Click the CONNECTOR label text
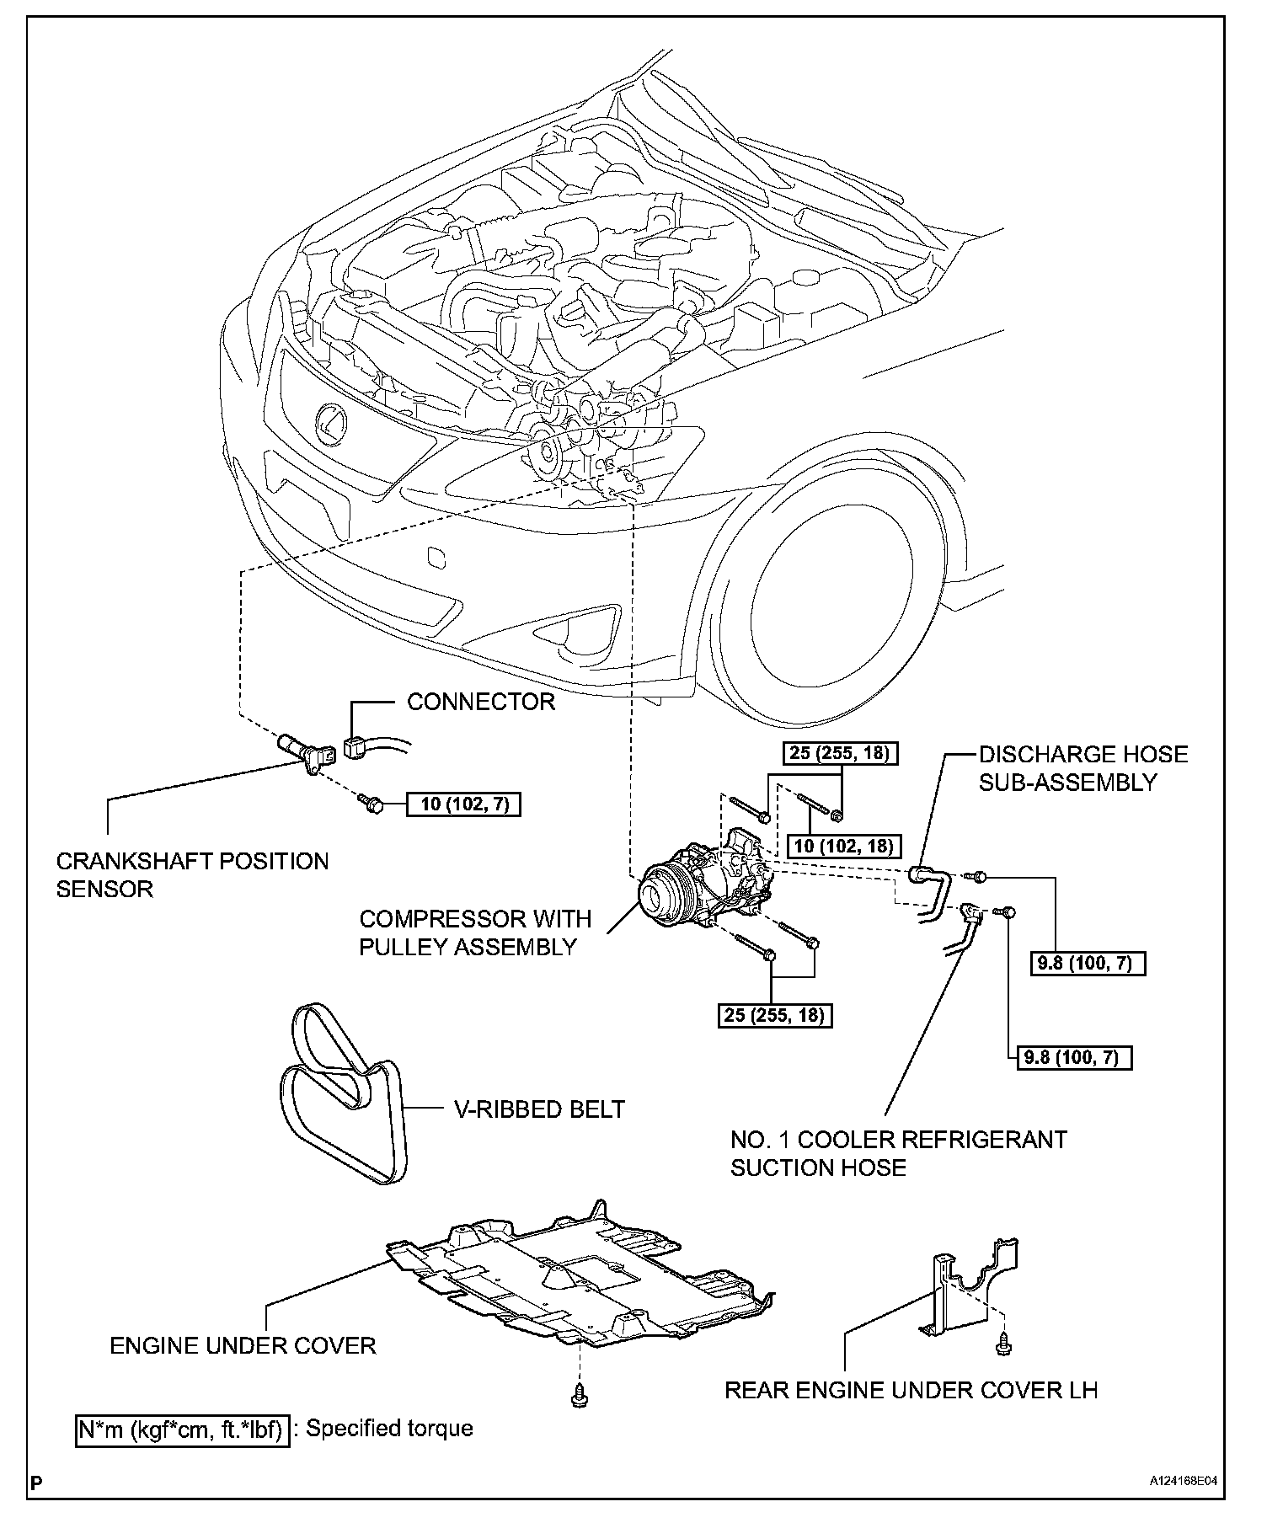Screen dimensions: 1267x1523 click(x=481, y=702)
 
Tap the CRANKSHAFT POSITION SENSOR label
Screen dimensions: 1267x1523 click(x=192, y=874)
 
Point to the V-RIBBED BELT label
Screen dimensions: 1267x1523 click(x=540, y=1109)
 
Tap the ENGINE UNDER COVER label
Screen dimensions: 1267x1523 click(x=243, y=1345)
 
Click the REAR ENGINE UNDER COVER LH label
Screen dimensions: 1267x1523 click(x=911, y=1389)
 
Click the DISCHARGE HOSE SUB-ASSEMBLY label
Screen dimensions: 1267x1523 click(x=1083, y=767)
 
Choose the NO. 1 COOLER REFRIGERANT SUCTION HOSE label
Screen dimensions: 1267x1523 click(x=899, y=1153)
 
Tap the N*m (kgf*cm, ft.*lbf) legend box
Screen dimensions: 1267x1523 click(x=183, y=1429)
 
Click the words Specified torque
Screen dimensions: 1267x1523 click(x=389, y=1429)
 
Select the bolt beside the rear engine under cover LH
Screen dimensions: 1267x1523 click(x=1002, y=1348)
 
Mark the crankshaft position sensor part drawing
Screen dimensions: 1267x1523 click(x=307, y=752)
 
